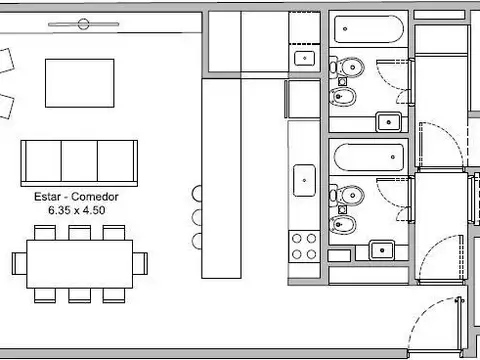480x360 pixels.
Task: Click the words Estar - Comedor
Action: coord(76,197)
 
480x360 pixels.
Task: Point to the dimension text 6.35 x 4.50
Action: coord(77,210)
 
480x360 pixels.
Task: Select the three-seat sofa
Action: coord(79,163)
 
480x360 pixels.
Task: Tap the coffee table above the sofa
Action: coord(80,83)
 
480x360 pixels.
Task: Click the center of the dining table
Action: coord(80,264)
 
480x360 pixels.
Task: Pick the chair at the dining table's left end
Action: coord(19,263)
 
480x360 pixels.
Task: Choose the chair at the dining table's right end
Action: coord(140,263)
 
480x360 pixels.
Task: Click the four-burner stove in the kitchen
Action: coord(304,247)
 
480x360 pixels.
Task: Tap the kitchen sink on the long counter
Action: coord(304,180)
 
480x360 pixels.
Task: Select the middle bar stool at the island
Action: coord(197,217)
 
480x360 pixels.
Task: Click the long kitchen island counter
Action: coord(221,178)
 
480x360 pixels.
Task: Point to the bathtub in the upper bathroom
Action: coord(369,29)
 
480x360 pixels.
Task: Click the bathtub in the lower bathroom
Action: coord(369,157)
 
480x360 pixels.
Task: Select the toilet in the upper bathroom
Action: coord(347,67)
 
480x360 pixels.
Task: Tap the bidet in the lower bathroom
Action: coord(343,224)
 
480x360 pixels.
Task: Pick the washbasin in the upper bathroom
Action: coord(388,122)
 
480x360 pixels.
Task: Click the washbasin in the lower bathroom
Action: coord(382,250)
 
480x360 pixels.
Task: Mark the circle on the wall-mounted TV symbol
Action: coord(83,24)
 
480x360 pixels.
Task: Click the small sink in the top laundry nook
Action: coord(304,58)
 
